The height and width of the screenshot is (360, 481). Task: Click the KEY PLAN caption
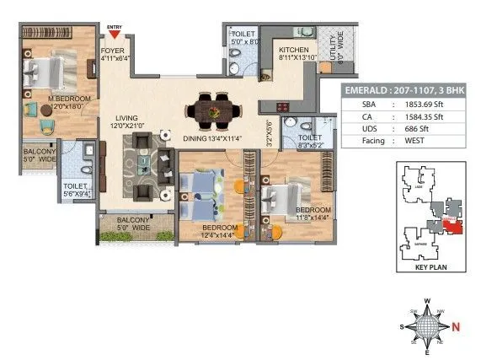(425, 268)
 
